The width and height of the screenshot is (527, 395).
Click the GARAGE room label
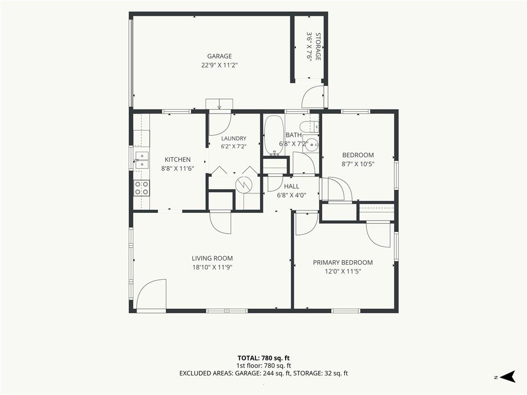pyautogui.click(x=219, y=56)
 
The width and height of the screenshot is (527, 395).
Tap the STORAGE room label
pyautogui.click(x=318, y=46)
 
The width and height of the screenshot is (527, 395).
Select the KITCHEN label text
pyautogui.click(x=178, y=159)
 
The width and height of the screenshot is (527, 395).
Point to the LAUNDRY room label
pyautogui.click(x=234, y=138)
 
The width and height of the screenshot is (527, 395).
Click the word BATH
pyautogui.click(x=293, y=135)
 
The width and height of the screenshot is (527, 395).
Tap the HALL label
pyautogui.click(x=291, y=186)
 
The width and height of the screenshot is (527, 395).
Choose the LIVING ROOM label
pyautogui.click(x=212, y=258)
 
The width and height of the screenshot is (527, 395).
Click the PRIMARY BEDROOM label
pyautogui.click(x=343, y=263)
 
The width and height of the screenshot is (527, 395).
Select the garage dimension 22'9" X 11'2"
pyautogui.click(x=219, y=65)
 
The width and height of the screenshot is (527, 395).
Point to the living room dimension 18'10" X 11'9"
pyautogui.click(x=212, y=267)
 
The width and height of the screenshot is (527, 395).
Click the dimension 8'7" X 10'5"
pyautogui.click(x=358, y=164)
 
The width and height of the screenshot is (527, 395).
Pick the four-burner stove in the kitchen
pyautogui.click(x=142, y=188)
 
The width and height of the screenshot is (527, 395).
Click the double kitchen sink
pyautogui.click(x=142, y=160)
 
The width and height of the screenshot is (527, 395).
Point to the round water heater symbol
pyautogui.click(x=243, y=185)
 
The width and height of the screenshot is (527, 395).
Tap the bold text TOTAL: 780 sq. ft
pyautogui.click(x=263, y=358)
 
